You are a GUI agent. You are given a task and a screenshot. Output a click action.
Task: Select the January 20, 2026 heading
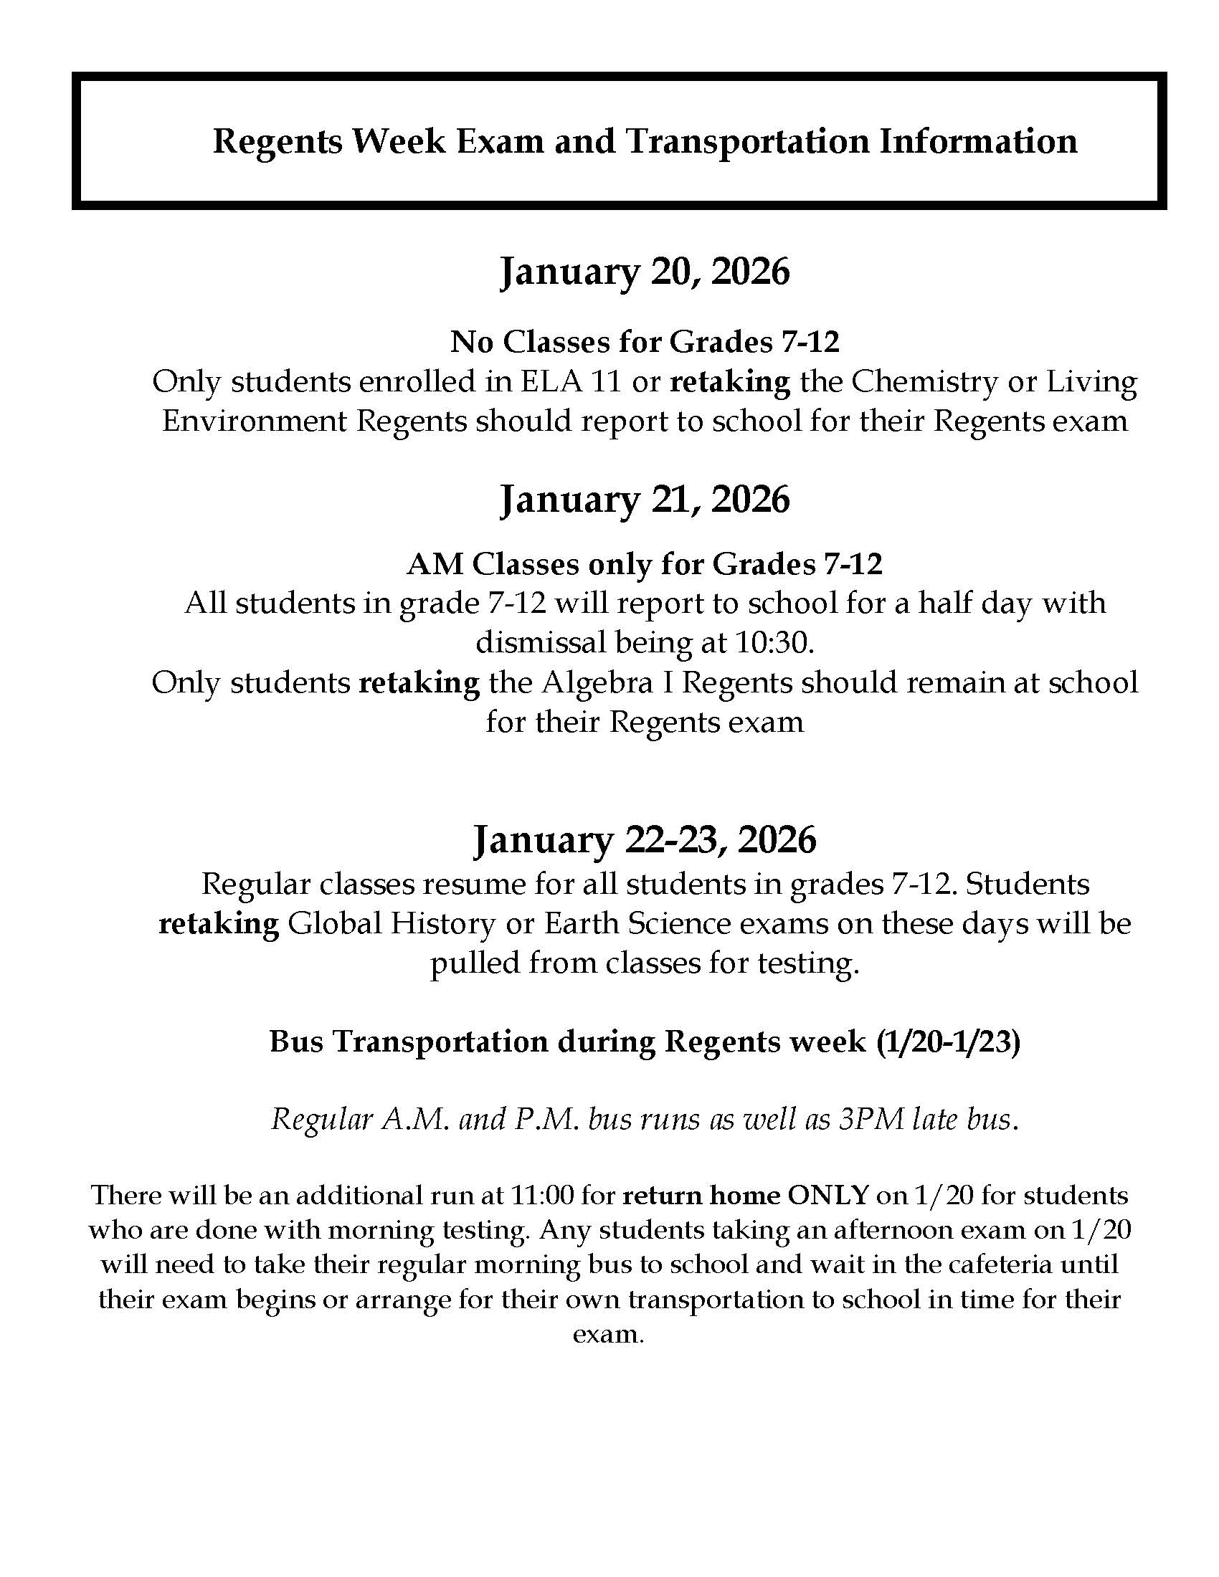click(x=645, y=272)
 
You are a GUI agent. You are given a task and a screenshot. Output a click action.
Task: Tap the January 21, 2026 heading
click(x=645, y=499)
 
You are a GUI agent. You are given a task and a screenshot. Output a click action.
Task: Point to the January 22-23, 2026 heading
click(x=644, y=840)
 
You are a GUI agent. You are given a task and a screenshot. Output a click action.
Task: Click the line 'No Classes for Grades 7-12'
click(x=645, y=341)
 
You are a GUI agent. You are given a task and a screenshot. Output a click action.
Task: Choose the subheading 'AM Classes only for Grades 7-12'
click(x=644, y=564)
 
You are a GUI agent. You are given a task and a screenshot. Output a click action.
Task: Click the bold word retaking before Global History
click(x=219, y=923)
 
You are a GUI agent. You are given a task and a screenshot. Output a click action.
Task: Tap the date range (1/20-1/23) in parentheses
click(x=948, y=1042)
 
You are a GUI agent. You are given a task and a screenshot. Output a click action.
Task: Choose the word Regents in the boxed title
click(x=278, y=141)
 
